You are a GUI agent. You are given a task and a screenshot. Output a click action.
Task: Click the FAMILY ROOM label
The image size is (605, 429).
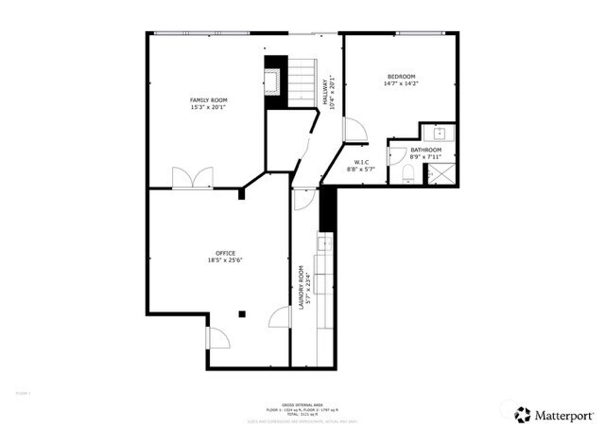(208, 103)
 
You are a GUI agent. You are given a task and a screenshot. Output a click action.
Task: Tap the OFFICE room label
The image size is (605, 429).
(225, 257)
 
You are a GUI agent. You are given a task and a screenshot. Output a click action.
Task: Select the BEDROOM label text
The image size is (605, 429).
(401, 80)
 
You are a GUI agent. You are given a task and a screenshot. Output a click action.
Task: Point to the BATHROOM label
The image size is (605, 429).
(425, 152)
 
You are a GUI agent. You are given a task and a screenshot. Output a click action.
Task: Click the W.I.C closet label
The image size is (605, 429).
(361, 166)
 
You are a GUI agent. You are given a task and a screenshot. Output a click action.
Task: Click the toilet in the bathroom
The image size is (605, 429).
(408, 173)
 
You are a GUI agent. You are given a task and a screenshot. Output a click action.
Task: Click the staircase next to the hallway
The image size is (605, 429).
(300, 81)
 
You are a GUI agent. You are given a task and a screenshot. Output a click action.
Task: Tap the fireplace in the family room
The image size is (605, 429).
(274, 79)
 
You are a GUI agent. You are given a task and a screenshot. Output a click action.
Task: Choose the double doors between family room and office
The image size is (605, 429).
(193, 179)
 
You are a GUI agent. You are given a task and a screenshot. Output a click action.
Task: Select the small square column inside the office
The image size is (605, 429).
(243, 313)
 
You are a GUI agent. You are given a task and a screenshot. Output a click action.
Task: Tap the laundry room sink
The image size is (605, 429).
(325, 244)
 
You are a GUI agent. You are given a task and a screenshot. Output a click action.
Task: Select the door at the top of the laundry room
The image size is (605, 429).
(303, 198)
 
